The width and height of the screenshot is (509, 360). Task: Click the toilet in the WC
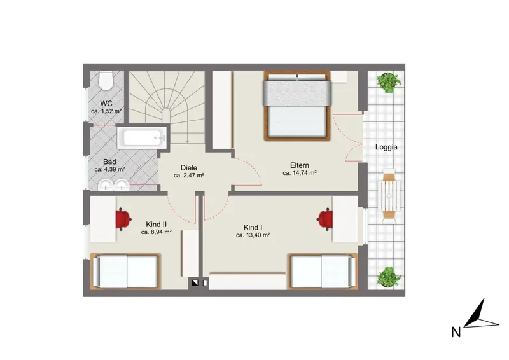pyautogui.click(x=106, y=80)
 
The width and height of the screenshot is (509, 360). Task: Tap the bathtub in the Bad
pyautogui.click(x=141, y=138)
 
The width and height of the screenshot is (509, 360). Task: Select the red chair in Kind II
pyautogui.click(x=123, y=219)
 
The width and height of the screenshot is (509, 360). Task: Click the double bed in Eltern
pyautogui.click(x=297, y=106)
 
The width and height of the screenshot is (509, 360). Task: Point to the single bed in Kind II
pyautogui.click(x=125, y=271)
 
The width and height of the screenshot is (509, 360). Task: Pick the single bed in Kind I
pyautogui.click(x=323, y=271)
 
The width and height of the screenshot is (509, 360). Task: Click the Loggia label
pyautogui.click(x=386, y=147)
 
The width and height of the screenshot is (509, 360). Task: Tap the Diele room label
pyautogui.click(x=189, y=168)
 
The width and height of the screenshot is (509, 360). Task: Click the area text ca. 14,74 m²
pyautogui.click(x=300, y=173)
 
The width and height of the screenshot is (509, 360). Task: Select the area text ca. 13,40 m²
pyautogui.click(x=253, y=235)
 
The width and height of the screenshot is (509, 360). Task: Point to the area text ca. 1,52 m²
pyautogui.click(x=106, y=111)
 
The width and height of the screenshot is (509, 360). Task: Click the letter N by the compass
pyautogui.click(x=456, y=332)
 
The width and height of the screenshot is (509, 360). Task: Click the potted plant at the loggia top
pyautogui.click(x=388, y=82)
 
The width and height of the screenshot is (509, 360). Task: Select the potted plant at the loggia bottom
pyautogui.click(x=389, y=277)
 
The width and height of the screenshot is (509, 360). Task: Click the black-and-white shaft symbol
pyautogui.click(x=195, y=283)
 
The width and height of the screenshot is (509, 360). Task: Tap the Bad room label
pyautogui.click(x=109, y=162)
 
